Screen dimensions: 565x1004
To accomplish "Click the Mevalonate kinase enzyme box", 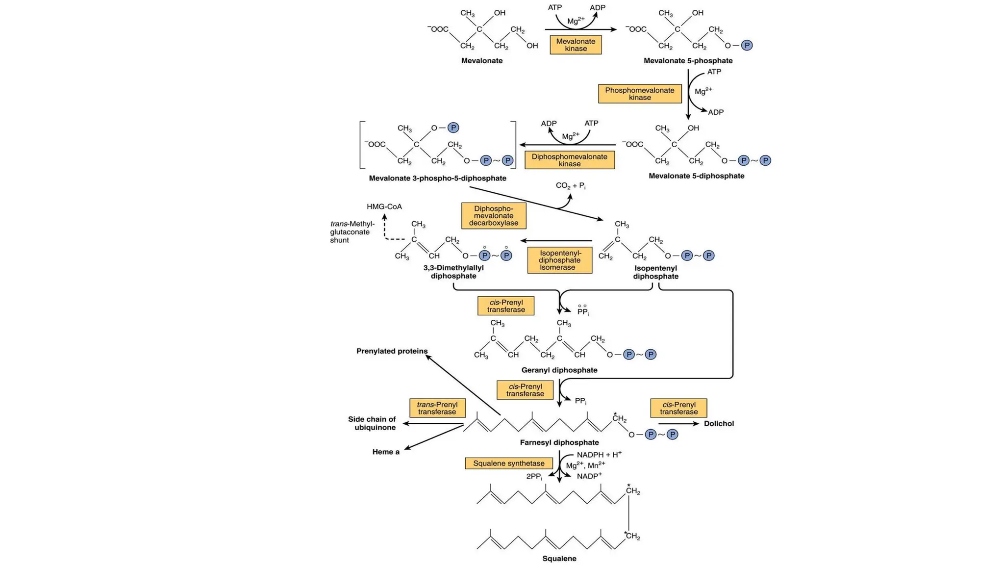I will [576, 45].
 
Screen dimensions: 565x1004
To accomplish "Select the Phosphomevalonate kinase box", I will [640, 94].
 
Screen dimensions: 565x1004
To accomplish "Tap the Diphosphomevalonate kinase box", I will [569, 160].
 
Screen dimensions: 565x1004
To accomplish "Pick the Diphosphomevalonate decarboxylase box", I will [493, 216].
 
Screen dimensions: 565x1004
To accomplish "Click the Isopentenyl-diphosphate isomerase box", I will [559, 260].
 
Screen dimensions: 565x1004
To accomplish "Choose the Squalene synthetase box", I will [508, 463].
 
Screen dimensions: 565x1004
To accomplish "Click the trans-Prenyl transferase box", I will [437, 408].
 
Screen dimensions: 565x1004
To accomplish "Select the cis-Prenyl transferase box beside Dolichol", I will [678, 408].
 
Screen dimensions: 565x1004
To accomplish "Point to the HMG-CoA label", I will [384, 206].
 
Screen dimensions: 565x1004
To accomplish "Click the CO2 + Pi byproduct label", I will [570, 185].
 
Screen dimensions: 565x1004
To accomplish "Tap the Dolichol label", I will [719, 423].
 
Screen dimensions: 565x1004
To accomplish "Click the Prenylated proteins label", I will [392, 351].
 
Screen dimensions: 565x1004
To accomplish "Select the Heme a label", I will [386, 452].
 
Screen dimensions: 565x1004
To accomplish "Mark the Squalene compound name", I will [559, 558].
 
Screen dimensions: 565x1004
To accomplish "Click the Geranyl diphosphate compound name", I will [559, 370].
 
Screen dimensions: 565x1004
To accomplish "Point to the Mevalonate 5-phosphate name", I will [688, 61].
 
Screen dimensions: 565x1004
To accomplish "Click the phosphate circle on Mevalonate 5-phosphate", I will [747, 46].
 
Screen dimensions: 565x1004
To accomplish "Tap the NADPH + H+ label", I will [599, 455].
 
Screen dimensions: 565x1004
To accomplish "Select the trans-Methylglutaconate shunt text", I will [352, 232].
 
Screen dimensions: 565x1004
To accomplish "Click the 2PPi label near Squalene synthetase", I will [534, 476].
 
